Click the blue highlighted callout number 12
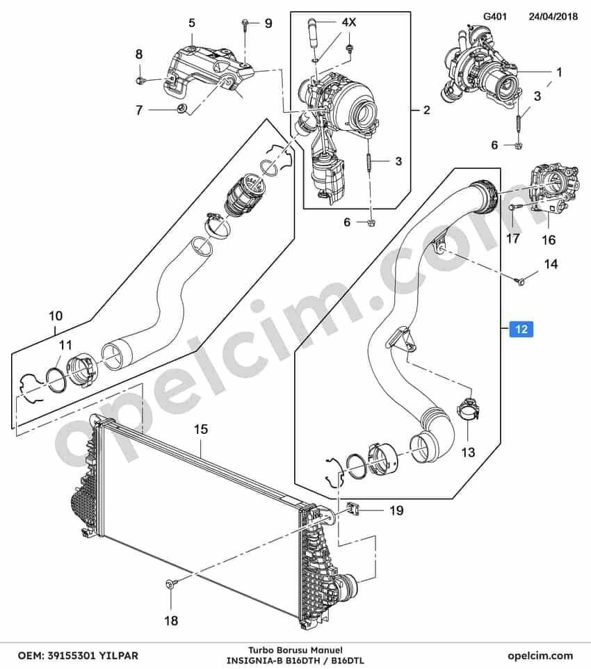521,329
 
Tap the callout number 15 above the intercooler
200,429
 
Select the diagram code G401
494,17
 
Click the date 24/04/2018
553,17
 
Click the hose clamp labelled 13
469,408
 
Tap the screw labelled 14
519,280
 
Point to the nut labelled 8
140,80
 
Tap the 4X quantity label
348,22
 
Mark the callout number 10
56,316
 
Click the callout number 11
65,344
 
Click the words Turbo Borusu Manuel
295,650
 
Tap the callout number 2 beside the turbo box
426,110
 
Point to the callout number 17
512,238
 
